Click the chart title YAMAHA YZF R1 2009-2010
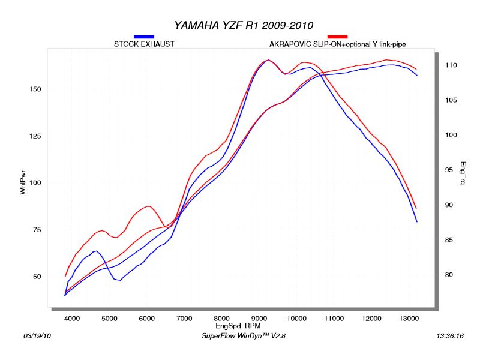tap(244, 25)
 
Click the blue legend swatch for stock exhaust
tap(144, 37)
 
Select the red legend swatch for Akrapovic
tap(337, 37)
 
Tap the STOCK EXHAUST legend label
tap(144, 44)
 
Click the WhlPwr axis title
tap(23, 182)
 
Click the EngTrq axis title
tap(463, 173)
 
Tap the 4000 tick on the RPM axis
tap(72, 318)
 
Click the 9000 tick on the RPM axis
tap(259, 318)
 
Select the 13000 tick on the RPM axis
tap(409, 318)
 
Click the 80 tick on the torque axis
tap(449, 275)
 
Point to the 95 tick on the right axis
tap(449, 170)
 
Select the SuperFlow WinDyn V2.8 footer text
tap(244, 337)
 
